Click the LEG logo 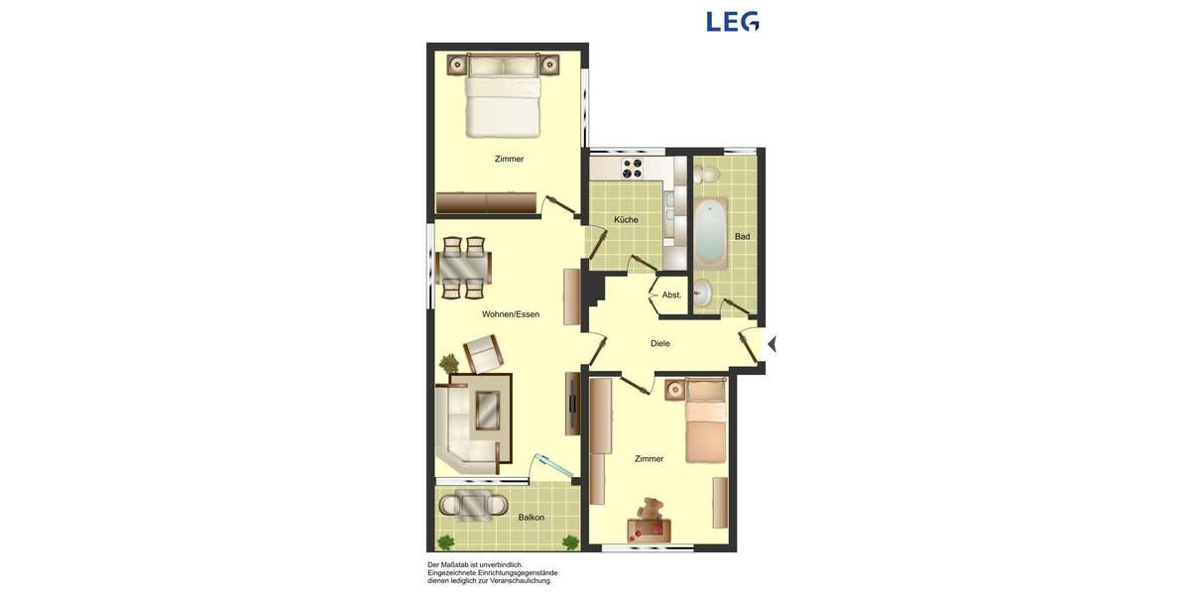pos(733,21)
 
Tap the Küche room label pos(626,220)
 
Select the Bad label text pos(742,236)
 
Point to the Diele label pos(660,344)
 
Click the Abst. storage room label pos(671,296)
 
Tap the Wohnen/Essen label pos(511,314)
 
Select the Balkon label pos(532,518)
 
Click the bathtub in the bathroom pos(709,233)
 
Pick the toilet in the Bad pos(706,176)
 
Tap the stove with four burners pos(631,169)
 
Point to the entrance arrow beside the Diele pos(772,344)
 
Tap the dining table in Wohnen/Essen pos(463,267)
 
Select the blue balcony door pos(551,466)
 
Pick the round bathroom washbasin pos(702,293)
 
